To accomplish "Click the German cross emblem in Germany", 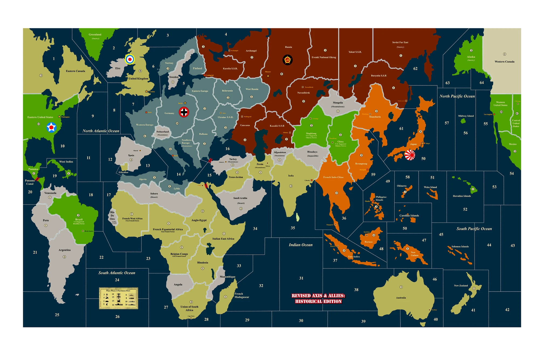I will click(x=184, y=112).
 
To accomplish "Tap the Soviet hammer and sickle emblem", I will click(x=288, y=60).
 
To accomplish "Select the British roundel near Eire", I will click(x=130, y=59).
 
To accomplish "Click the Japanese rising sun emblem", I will click(x=410, y=155).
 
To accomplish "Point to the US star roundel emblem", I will click(x=51, y=127).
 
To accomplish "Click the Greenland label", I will click(x=95, y=34).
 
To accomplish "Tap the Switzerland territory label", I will click(x=163, y=132).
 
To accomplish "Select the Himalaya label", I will click(x=312, y=152).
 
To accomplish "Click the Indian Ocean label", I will click(x=300, y=245).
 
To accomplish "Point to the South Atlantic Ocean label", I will click(x=117, y=273).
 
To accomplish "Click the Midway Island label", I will click(x=466, y=116).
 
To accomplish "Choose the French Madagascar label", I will click(x=241, y=295).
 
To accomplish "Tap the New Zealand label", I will click(x=461, y=286).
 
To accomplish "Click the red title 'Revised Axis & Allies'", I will click(x=318, y=298).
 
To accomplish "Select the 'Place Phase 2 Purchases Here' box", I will click(x=119, y=298).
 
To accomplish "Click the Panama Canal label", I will click(x=30, y=182).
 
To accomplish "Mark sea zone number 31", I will click(x=301, y=278).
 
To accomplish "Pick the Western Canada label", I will click(x=505, y=62).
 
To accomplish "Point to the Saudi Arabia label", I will click(x=240, y=198).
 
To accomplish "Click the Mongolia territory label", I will click(x=338, y=103).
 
